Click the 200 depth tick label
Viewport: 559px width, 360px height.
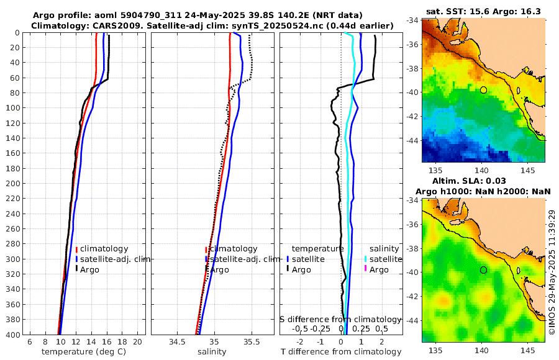[13, 184]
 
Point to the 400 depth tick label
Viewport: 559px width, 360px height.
[13, 335]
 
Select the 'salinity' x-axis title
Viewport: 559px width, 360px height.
[212, 352]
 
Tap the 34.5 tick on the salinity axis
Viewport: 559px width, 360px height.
[177, 341]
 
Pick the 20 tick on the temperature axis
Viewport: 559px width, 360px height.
[137, 341]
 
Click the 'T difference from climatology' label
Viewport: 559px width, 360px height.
[341, 352]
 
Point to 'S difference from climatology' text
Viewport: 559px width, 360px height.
[340, 318]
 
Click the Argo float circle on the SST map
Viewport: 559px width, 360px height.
[483, 90]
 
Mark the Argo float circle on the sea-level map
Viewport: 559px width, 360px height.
[483, 270]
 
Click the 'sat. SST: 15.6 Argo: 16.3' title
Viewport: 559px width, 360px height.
[483, 12]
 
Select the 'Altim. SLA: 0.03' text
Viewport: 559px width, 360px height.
[483, 180]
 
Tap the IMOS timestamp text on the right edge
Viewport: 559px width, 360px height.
[552, 271]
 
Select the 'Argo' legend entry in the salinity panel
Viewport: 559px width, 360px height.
[219, 270]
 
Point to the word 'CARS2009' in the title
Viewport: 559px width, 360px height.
[112, 25]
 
